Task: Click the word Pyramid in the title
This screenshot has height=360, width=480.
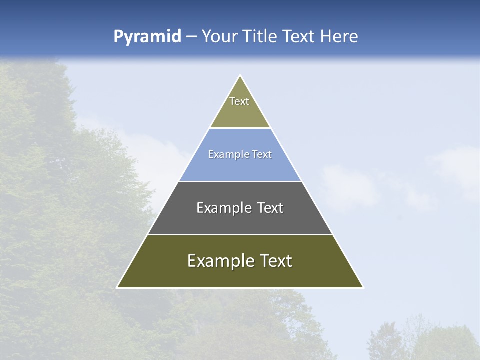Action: (147, 37)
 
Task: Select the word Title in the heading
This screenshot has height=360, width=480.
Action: (260, 37)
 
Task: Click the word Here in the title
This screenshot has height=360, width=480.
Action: (339, 37)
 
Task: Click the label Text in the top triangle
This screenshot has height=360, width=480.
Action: (239, 101)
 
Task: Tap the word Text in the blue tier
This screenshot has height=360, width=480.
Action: (262, 155)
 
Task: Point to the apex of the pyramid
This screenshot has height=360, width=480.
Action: (240, 76)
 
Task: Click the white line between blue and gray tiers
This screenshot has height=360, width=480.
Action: (240, 181)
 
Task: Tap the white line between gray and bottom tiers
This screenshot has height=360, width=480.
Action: (240, 234)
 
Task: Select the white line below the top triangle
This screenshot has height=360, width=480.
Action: (240, 128)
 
